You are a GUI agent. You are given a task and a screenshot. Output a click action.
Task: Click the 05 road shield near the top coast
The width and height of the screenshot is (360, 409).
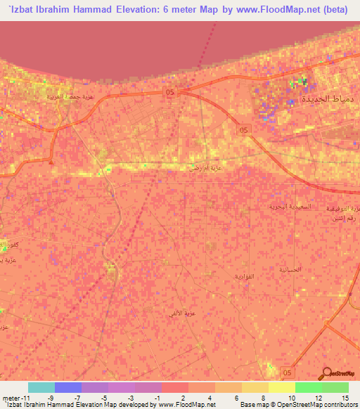click(170, 91)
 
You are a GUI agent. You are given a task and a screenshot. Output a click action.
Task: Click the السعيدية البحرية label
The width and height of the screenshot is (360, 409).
click(288, 207)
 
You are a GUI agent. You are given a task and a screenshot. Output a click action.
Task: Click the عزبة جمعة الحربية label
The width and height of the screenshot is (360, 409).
click(78, 97)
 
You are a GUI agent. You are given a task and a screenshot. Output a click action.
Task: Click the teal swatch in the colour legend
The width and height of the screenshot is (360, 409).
click(41, 387)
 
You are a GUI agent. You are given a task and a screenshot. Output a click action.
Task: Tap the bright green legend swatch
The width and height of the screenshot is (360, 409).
click(308, 387)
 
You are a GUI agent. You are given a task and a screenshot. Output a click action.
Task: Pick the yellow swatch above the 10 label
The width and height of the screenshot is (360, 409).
click(281, 387)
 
